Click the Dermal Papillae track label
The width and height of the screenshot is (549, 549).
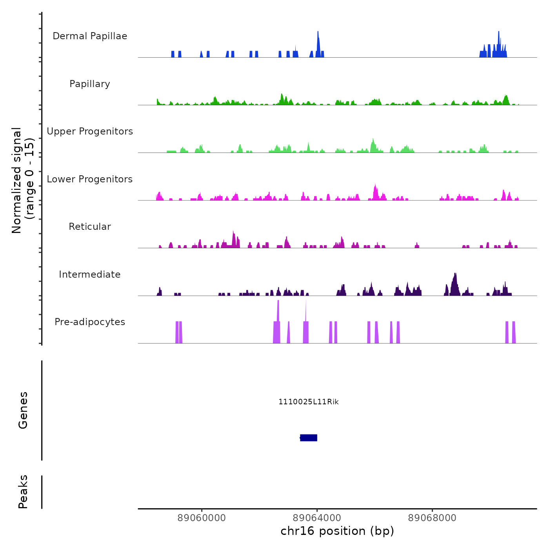coord(90,36)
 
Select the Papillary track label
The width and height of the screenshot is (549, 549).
coord(90,84)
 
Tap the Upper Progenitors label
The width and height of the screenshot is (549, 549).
coord(90,131)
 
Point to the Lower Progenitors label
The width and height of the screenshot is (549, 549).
coord(90,179)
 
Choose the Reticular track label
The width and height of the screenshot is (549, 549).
coord(90,227)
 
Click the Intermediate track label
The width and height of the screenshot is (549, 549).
coord(90,274)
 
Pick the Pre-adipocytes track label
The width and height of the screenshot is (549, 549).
coord(90,322)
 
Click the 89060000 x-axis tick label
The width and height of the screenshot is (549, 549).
coord(202,518)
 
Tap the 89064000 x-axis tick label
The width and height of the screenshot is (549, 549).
coord(317,518)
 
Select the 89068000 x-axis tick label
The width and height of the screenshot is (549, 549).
coord(432,518)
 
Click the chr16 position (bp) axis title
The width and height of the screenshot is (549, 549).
coord(337,531)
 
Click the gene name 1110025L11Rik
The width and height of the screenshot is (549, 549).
coord(309,402)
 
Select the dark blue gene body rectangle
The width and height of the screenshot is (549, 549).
coord(309,438)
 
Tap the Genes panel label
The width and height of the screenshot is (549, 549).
coord(23,410)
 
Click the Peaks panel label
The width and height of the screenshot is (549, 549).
coord(23,492)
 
